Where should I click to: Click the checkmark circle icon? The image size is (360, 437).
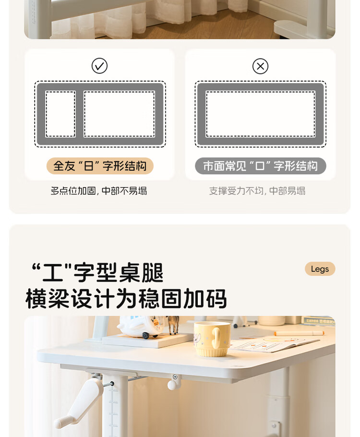pyautogui.click(x=99, y=66)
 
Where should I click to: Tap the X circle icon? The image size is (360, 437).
pyautogui.click(x=261, y=66)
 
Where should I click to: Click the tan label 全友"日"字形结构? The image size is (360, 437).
pyautogui.click(x=100, y=166)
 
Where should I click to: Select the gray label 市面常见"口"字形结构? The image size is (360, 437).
pyautogui.click(x=261, y=166)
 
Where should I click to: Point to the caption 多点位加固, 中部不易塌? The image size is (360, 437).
pyautogui.click(x=99, y=191)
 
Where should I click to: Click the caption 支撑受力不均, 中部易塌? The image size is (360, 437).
pyautogui.click(x=257, y=191)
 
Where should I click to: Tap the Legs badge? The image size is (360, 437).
pyautogui.click(x=320, y=269)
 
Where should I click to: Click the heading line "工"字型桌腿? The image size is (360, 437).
pyautogui.click(x=97, y=272)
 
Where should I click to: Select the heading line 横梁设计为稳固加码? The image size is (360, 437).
pyautogui.click(x=126, y=298)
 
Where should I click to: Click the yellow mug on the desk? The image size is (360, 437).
pyautogui.click(x=212, y=339)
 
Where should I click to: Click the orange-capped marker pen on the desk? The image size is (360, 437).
pyautogui.click(x=299, y=333)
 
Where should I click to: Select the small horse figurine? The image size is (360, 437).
pyautogui.click(x=173, y=325)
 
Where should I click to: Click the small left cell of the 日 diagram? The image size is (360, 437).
pyautogui.click(x=60, y=114)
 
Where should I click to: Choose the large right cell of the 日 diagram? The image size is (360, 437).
pyautogui.click(x=119, y=114)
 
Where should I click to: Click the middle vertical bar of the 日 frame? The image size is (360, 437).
pyautogui.click(x=80, y=114)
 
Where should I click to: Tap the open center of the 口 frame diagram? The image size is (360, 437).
pyautogui.click(x=261, y=114)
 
